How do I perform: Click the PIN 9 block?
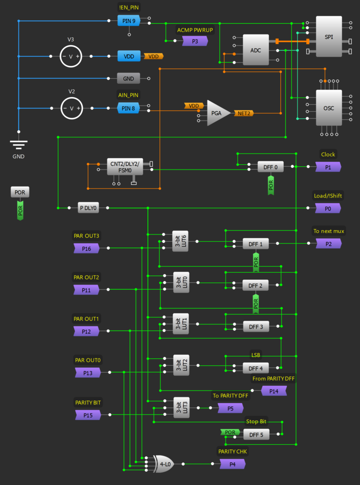tap(129, 20)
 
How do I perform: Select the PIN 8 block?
tap(129, 108)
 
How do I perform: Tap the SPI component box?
tap(329, 36)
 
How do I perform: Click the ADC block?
tap(255, 50)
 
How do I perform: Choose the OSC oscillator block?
tap(329, 108)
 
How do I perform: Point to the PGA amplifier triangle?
tap(216, 113)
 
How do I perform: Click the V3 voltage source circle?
tap(72, 56)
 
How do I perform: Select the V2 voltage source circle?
tap(72, 108)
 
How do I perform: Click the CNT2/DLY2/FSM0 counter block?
tap(125, 167)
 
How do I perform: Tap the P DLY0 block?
tap(89, 208)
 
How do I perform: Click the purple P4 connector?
tap(233, 464)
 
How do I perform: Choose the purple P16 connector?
tap(87, 248)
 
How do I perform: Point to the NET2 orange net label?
tap(244, 113)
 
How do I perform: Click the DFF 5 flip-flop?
tap(255, 434)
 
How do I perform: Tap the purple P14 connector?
tap(274, 391)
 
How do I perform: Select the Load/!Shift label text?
tap(328, 196)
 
